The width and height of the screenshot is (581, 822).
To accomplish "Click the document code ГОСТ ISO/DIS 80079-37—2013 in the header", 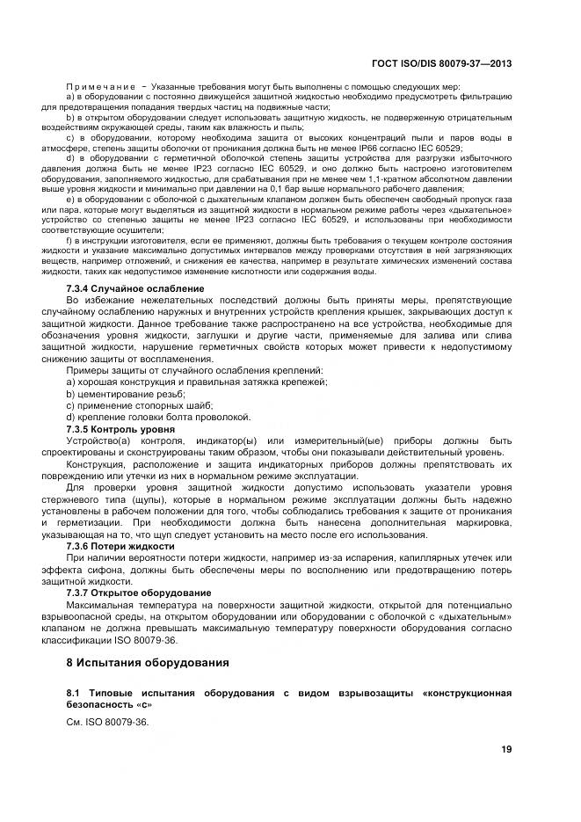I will (444, 64).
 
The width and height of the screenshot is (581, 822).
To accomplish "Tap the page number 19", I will (505, 749).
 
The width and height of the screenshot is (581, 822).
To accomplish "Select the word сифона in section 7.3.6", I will (124, 570).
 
